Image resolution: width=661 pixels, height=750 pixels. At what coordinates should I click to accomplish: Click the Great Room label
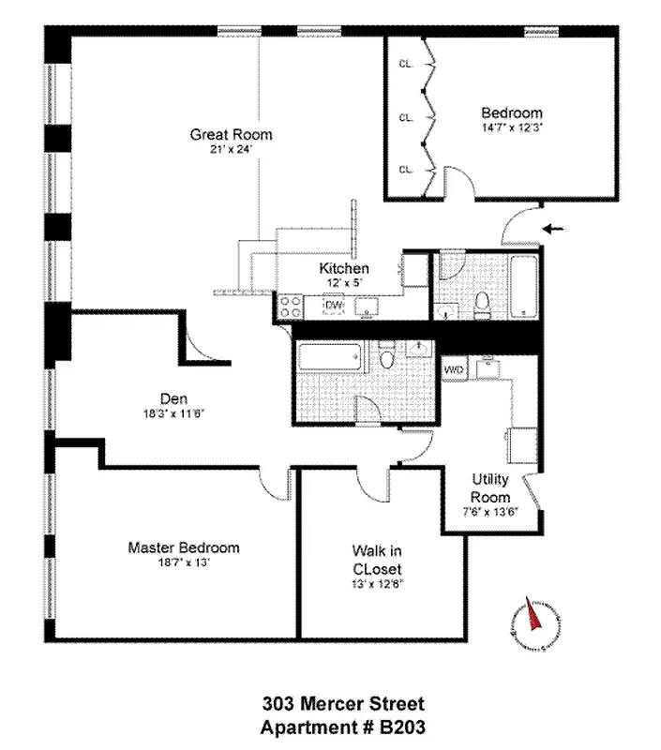(231, 134)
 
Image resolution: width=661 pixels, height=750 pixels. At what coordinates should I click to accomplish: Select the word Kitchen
(343, 267)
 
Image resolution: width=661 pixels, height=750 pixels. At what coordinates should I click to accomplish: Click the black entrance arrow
(556, 228)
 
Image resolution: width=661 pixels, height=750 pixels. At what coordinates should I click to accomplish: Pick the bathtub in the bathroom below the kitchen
(329, 358)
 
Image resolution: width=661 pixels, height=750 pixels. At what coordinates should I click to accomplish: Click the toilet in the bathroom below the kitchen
(387, 357)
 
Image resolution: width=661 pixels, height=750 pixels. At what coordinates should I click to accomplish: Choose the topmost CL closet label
(406, 65)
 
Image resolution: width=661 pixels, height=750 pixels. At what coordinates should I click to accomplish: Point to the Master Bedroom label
(183, 547)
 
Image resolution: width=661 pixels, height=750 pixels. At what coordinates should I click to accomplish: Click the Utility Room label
(490, 488)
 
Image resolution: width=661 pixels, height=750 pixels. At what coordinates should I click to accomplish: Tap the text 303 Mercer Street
(342, 703)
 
